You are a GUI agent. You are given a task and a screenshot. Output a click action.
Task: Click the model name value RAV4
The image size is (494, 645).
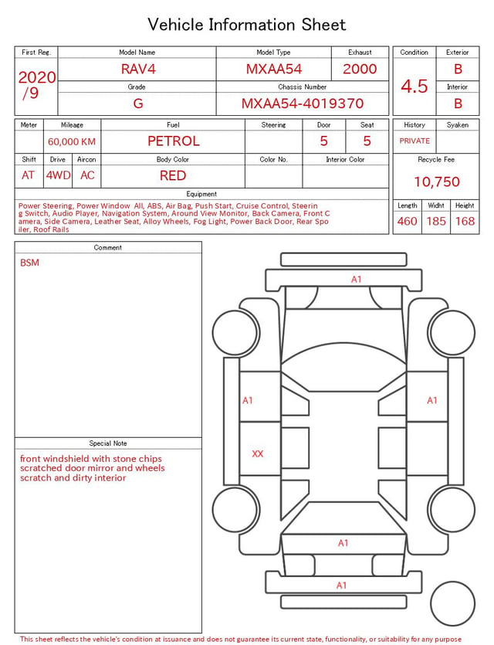pyautogui.click(x=138, y=69)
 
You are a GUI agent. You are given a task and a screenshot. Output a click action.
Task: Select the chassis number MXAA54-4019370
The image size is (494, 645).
pyautogui.click(x=303, y=104)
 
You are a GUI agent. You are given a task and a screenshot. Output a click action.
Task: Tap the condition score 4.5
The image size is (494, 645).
pyautogui.click(x=414, y=86)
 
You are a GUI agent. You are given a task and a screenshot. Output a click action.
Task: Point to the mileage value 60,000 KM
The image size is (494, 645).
pyautogui.click(x=72, y=141)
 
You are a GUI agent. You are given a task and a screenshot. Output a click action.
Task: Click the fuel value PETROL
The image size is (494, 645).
pyautogui.click(x=174, y=141)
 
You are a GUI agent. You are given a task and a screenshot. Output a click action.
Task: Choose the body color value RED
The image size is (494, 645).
pyautogui.click(x=173, y=175)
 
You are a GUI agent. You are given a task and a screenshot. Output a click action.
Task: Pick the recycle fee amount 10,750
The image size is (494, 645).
pyautogui.click(x=436, y=182)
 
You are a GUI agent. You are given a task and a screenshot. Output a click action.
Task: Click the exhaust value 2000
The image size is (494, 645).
pyautogui.click(x=360, y=69)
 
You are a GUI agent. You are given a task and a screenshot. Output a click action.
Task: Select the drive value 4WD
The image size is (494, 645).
pyautogui.click(x=58, y=175)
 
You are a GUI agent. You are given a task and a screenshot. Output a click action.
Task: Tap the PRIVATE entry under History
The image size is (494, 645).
pyautogui.click(x=414, y=141)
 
